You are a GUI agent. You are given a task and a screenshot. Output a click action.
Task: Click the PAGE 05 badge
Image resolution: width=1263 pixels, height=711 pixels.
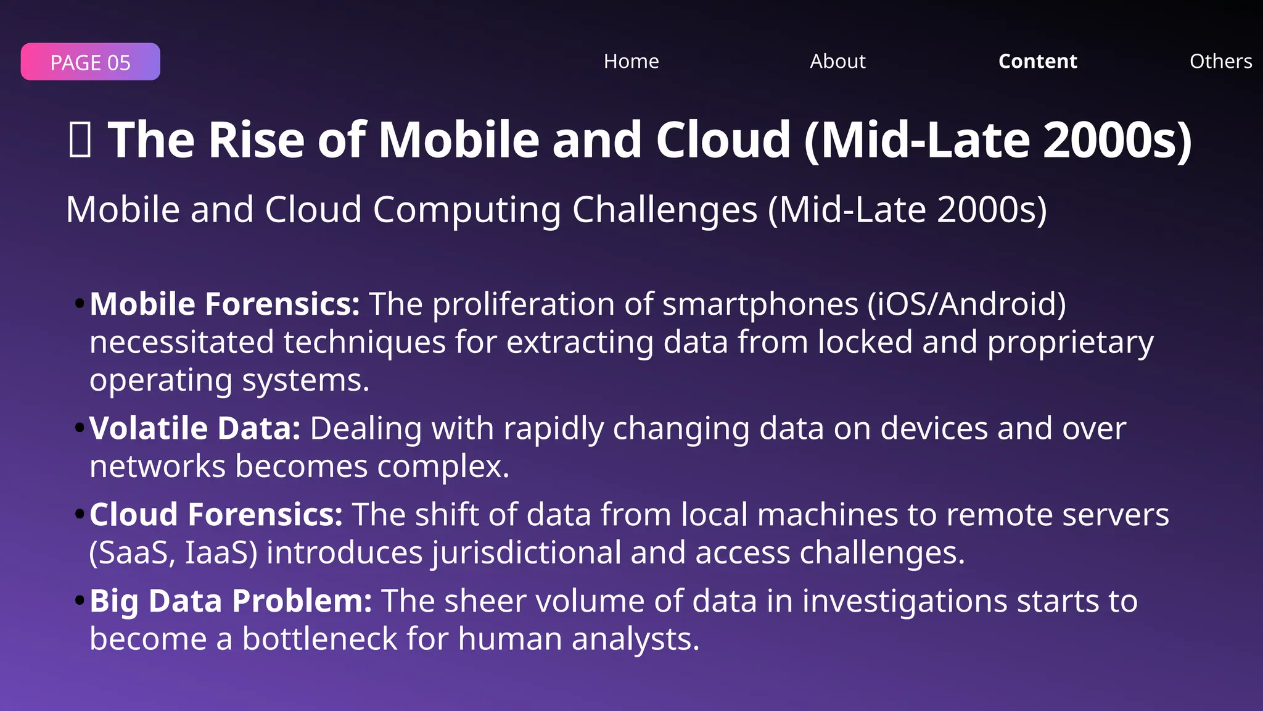pyautogui.click(x=90, y=62)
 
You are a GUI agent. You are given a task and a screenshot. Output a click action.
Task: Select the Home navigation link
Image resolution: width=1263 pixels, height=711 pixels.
pyautogui.click(x=631, y=61)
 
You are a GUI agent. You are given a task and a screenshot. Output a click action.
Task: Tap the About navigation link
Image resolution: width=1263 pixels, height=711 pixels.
pyautogui.click(x=837, y=61)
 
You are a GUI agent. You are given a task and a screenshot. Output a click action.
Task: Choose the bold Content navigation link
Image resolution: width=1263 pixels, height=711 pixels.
pyautogui.click(x=1037, y=61)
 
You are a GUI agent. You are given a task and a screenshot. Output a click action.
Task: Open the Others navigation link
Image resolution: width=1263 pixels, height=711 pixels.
pyautogui.click(x=1220, y=61)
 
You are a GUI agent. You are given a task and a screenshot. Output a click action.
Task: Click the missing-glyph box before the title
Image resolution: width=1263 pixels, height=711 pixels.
pyautogui.click(x=80, y=139)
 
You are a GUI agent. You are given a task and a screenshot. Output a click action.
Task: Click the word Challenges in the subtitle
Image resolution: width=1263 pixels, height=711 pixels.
pyautogui.click(x=664, y=210)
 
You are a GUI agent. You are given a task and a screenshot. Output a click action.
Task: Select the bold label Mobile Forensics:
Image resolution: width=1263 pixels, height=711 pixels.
pyautogui.click(x=224, y=304)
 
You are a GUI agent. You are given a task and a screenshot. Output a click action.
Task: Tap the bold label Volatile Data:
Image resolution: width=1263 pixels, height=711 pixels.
pyautogui.click(x=194, y=428)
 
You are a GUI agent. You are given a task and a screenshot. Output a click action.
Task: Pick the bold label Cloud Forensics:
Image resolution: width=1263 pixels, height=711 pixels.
pyautogui.click(x=216, y=515)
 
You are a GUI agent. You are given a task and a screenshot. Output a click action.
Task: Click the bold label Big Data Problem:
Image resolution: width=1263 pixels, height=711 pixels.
pyautogui.click(x=231, y=601)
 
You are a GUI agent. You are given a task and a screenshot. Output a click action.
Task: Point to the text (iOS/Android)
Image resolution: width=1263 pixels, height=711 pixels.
pyautogui.click(x=966, y=304)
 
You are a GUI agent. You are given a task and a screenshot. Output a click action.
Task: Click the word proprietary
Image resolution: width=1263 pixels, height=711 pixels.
pyautogui.click(x=1070, y=343)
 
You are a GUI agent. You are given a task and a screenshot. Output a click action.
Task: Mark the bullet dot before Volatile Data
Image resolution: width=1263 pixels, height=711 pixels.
pyautogui.click(x=79, y=428)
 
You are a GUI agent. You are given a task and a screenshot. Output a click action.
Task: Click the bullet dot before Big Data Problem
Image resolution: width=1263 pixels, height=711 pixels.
pyautogui.click(x=79, y=601)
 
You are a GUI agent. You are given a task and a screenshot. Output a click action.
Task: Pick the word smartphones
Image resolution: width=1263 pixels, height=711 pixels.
pyautogui.click(x=760, y=304)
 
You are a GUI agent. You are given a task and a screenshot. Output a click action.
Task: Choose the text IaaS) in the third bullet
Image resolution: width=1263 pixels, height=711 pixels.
pyautogui.click(x=221, y=553)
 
